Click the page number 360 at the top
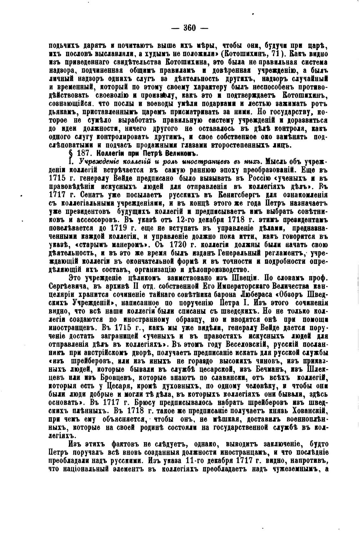189,28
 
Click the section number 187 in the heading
85,154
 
